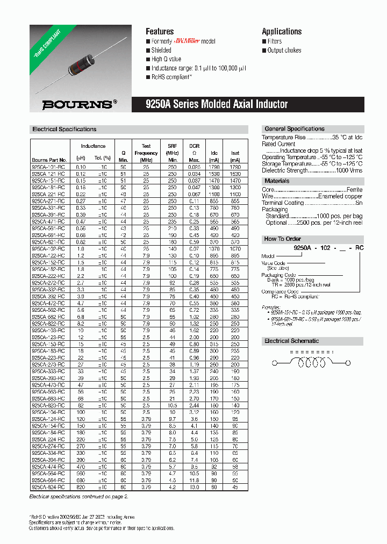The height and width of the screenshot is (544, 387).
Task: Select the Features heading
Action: click(160, 31)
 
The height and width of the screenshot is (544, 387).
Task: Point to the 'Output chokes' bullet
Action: click(284, 51)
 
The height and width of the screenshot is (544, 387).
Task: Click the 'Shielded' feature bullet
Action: click(161, 51)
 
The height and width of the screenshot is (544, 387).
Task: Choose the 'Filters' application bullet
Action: click(274, 41)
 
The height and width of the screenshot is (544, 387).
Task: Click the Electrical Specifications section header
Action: click(64, 130)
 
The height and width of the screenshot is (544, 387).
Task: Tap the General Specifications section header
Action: click(295, 129)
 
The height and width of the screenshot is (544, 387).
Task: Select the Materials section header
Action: click(277, 181)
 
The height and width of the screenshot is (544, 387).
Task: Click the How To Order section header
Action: click(282, 239)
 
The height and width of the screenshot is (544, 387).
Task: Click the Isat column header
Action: click(234, 153)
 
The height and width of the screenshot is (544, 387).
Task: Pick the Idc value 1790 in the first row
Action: click(214, 167)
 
